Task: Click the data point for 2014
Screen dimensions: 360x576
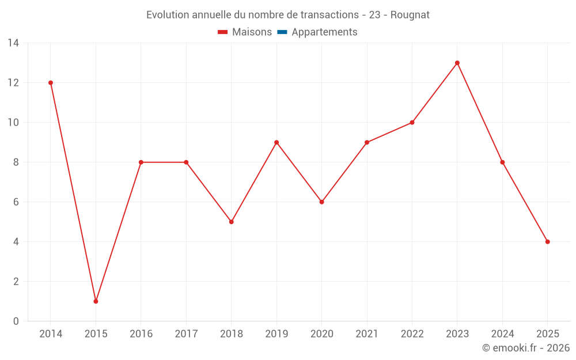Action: pos(51,83)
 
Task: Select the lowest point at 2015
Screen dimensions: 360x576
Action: pos(96,301)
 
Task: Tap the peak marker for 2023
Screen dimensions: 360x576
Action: pos(457,63)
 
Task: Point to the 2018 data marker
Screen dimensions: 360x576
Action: pos(232,222)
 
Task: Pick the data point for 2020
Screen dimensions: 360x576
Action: pos(322,202)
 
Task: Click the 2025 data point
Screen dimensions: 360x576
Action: pos(548,242)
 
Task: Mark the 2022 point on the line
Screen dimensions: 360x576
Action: pos(412,123)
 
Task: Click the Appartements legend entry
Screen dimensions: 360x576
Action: pos(324,32)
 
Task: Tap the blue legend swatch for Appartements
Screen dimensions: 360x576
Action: pos(282,32)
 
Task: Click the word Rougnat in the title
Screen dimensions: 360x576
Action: pos(410,15)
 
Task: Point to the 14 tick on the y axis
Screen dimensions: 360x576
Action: pos(13,43)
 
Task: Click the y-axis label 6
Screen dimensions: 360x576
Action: pos(16,202)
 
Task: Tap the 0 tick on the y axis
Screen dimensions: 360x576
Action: pos(16,321)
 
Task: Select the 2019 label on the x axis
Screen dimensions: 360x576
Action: pos(276,334)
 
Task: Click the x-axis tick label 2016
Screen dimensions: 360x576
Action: pos(141,334)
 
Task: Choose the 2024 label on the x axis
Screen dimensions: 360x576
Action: pos(502,334)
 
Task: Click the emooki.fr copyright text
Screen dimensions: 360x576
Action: pos(525,348)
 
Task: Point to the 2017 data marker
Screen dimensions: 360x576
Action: pos(186,162)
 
